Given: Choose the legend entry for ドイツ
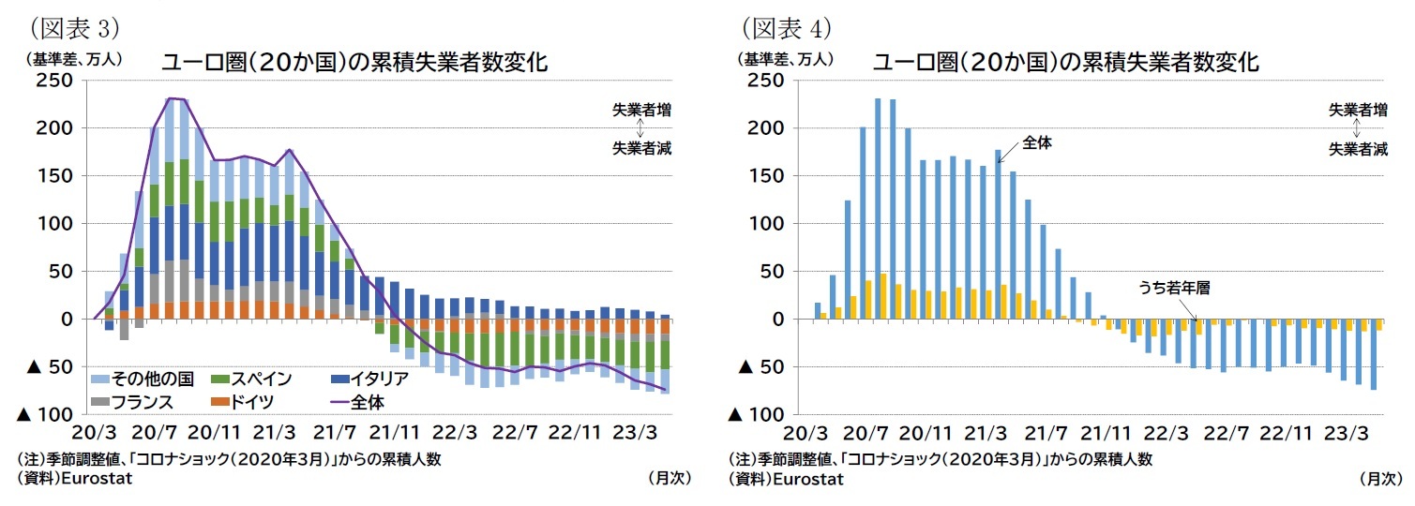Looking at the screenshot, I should point(248,402).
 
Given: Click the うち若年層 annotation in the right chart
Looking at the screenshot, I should point(1174,289).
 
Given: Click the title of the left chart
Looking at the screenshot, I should point(354,63).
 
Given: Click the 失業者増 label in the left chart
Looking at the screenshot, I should point(641,110).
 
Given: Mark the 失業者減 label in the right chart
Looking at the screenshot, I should point(1358,149).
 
